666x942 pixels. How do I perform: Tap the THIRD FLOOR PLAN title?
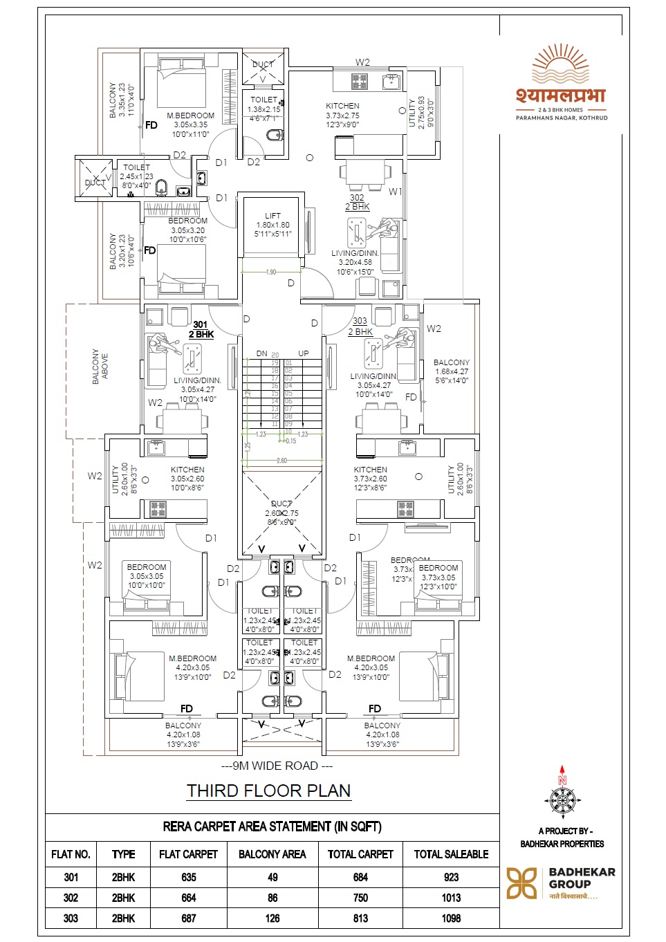click(268, 791)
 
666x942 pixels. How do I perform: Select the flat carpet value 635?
click(188, 877)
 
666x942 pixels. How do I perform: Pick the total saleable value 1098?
click(451, 918)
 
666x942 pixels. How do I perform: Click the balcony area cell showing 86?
click(272, 898)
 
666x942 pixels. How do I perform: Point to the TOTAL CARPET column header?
click(360, 854)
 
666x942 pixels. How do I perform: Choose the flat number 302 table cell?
click(71, 898)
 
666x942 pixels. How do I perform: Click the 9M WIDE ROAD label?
click(277, 766)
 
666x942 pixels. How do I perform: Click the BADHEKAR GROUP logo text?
click(581, 878)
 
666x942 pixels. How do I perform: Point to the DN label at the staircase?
click(261, 353)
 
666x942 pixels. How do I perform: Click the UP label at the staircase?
click(304, 353)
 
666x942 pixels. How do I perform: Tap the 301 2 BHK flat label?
click(201, 329)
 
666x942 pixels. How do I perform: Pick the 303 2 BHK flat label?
click(360, 326)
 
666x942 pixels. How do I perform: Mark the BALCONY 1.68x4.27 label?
click(451, 371)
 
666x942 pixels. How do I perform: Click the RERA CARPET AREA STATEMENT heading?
click(272, 826)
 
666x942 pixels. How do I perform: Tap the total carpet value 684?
click(360, 877)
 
